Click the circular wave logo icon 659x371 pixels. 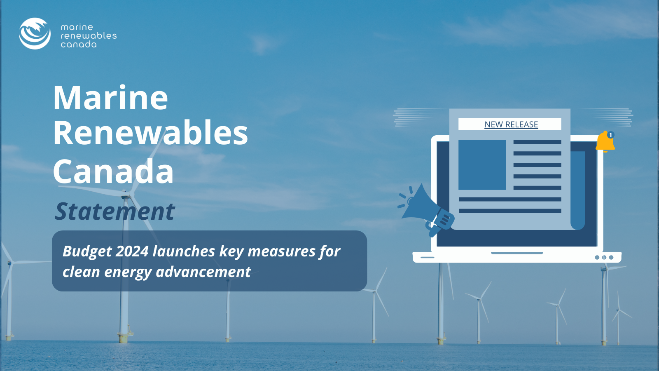point(35,33)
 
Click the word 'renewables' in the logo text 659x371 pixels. point(89,35)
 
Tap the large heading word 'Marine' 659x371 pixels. point(110,97)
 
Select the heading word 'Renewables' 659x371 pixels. point(150,133)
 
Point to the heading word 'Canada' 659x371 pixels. point(113,171)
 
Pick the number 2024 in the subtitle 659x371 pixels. point(132,251)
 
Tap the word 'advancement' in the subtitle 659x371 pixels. point(203,272)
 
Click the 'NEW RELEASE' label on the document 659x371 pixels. point(511,124)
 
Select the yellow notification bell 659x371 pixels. point(605,142)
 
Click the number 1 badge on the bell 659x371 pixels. point(611,135)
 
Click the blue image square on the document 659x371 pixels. point(482,165)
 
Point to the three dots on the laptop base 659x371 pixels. point(604,257)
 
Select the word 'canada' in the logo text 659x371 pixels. point(79,45)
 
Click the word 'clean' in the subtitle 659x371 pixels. point(81,272)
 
